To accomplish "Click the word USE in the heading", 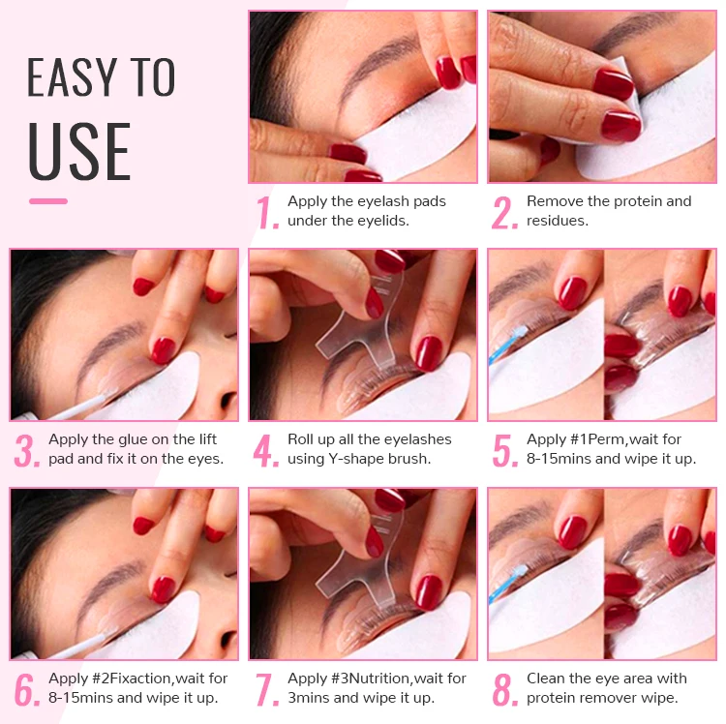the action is coord(79,151).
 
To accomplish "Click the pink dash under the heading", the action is coord(48,201).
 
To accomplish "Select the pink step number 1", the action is coord(267,212).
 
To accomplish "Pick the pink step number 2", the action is coord(504,212).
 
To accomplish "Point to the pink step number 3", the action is coord(27,450).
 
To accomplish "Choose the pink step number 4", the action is coord(266,450).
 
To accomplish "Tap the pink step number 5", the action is coord(505,450).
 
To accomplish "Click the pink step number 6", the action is coord(27,690).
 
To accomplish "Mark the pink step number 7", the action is coord(267,690).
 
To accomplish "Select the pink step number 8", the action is coord(505,690).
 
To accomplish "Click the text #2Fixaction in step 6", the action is coord(132,679).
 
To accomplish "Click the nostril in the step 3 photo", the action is coord(227,400).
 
